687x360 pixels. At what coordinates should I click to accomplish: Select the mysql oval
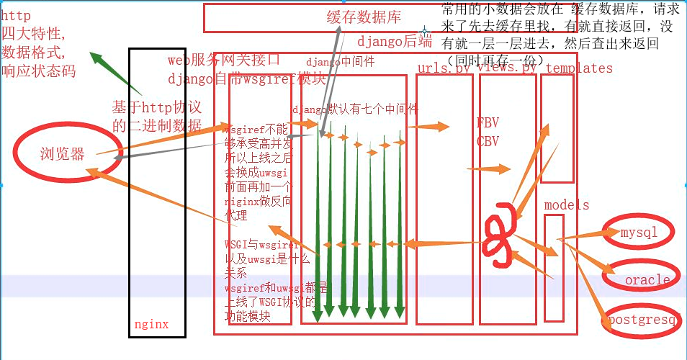click(x=639, y=233)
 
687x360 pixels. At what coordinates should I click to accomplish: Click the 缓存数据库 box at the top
click(x=315, y=18)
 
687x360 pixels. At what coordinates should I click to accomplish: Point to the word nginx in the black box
click(x=151, y=324)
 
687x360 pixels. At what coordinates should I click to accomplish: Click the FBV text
click(x=488, y=122)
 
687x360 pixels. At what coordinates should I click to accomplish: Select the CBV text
click(x=488, y=141)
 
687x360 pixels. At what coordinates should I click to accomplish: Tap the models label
click(x=567, y=205)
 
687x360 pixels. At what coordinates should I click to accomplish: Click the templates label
click(x=579, y=68)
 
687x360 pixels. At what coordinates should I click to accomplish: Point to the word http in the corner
click(x=16, y=15)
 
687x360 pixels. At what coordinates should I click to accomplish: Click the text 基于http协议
click(x=156, y=107)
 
